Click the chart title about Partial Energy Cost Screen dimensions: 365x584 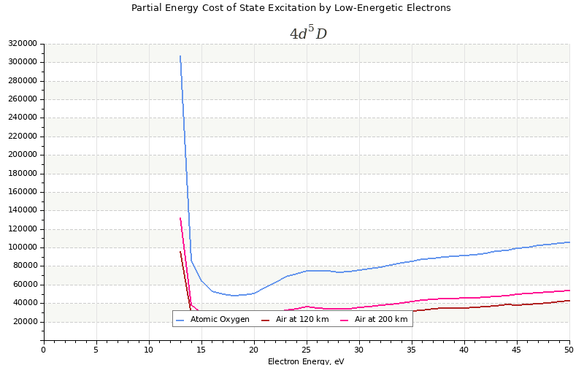(291, 8)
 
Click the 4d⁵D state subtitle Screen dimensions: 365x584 (307, 34)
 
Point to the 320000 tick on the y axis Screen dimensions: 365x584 (23, 44)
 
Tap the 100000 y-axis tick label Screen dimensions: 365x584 (23, 247)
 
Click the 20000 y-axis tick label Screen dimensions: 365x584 (25, 322)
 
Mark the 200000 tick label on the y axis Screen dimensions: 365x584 (23, 155)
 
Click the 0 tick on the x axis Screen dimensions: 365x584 (44, 350)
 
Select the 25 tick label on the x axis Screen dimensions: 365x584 (307, 350)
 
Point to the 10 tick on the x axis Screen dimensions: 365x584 (149, 350)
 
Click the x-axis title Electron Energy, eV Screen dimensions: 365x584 (306, 361)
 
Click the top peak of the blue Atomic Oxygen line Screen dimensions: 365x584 (180, 55)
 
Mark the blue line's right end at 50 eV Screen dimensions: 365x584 (569, 242)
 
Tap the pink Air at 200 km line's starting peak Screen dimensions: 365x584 (180, 218)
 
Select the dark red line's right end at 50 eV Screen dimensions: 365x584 (569, 300)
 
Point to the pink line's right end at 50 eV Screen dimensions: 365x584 (569, 290)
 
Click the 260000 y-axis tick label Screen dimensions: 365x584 (23, 99)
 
